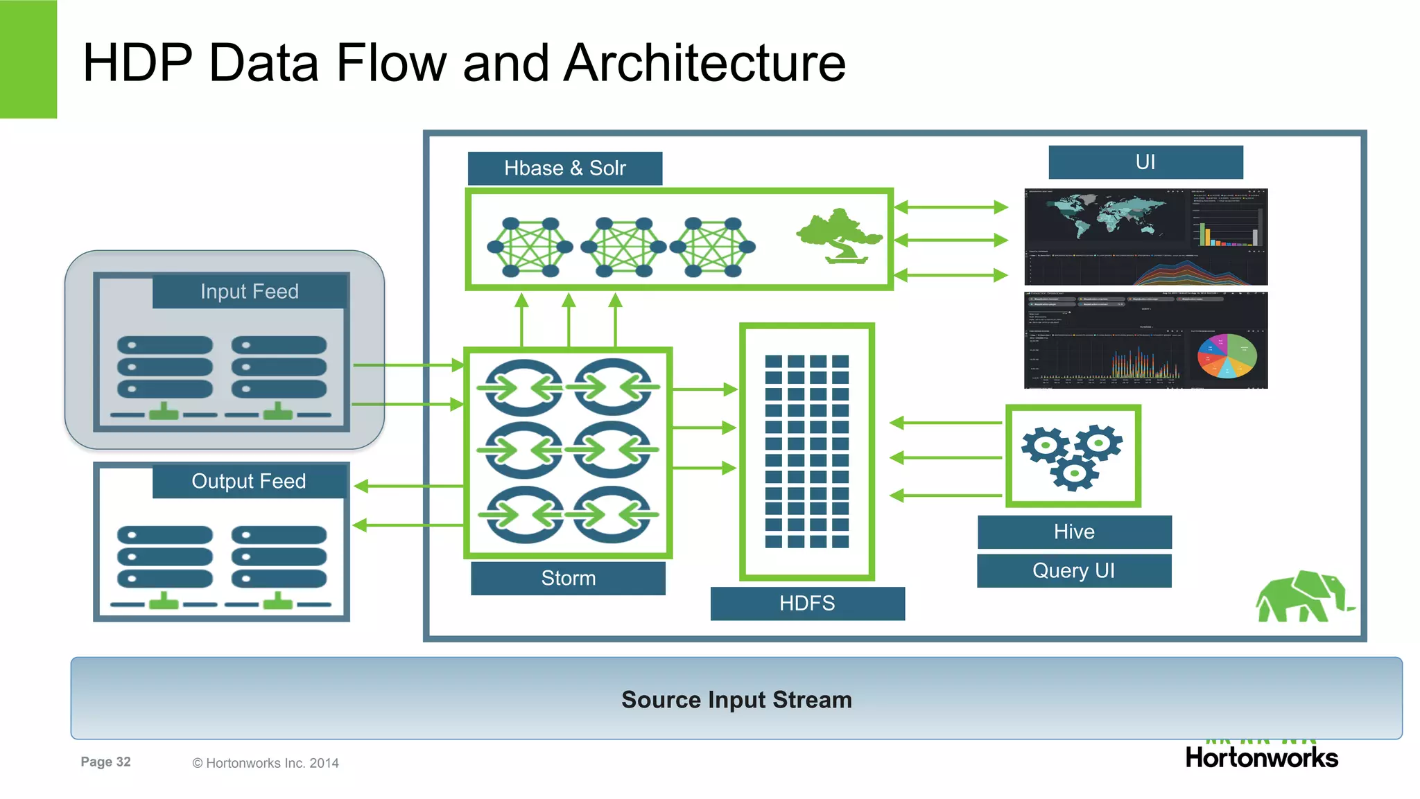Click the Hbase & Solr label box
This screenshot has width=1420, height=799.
click(564, 168)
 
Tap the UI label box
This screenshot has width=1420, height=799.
click(1145, 162)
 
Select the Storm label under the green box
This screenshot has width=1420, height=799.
click(568, 578)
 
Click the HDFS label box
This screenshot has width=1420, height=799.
click(807, 603)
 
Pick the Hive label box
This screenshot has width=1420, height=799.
click(1074, 532)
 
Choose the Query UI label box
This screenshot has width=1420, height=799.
click(1074, 570)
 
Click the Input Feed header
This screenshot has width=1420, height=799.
click(250, 291)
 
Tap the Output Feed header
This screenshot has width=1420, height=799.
click(249, 481)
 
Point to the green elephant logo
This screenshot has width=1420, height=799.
click(1302, 597)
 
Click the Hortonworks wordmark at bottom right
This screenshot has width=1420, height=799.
click(1261, 757)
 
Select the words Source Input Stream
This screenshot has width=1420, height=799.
click(736, 699)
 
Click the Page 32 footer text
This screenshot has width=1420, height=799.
click(105, 762)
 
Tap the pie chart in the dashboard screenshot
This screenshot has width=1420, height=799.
click(1227, 355)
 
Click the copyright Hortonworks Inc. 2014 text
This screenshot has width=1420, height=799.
click(266, 763)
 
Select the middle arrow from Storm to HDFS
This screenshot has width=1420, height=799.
click(704, 428)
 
